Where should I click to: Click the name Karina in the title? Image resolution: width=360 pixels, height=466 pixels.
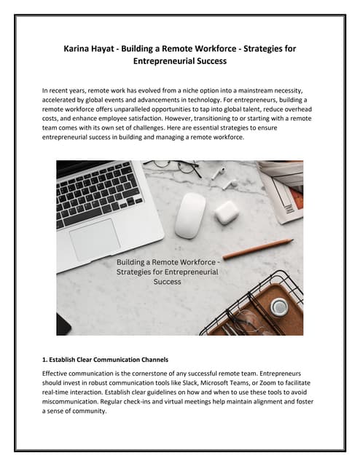[x=79, y=48]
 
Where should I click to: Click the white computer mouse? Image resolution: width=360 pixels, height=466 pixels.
[x=191, y=214]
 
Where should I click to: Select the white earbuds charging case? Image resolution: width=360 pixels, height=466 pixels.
[x=226, y=213]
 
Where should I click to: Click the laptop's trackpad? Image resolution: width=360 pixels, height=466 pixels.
[x=95, y=239]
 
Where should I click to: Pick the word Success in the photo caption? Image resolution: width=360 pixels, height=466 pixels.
[x=168, y=282]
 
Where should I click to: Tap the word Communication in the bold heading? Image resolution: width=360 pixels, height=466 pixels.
[x=124, y=359]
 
